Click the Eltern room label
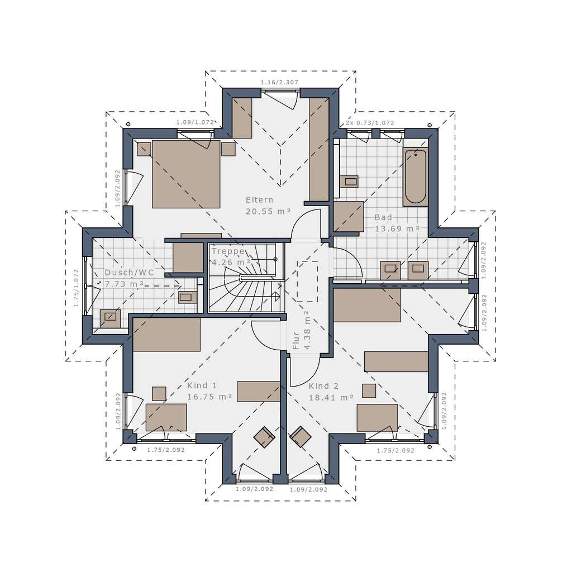(x=260, y=199)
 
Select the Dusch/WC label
(x=129, y=273)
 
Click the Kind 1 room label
(x=202, y=385)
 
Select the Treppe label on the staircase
(x=227, y=251)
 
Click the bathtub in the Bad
(x=415, y=176)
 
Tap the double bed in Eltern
(x=185, y=174)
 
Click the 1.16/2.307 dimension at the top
(x=279, y=82)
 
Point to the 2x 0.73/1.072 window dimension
(x=369, y=123)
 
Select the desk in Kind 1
(x=166, y=417)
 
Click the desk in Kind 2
(x=377, y=417)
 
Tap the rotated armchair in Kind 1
(x=264, y=437)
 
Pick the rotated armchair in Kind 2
(x=301, y=437)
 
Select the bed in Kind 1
(x=166, y=335)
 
